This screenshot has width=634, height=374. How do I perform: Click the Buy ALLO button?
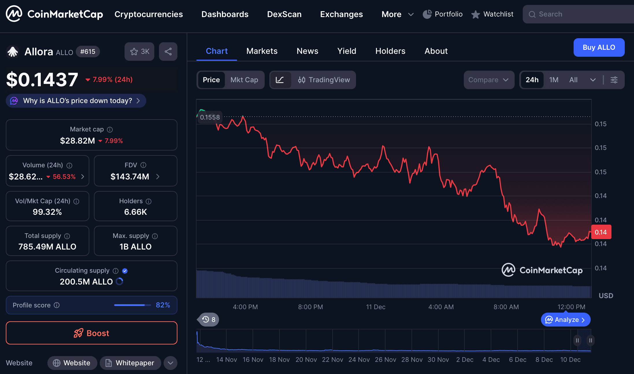(599, 47)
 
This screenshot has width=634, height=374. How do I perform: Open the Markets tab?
(262, 51)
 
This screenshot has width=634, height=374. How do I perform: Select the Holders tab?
(390, 51)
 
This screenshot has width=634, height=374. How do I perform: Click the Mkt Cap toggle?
(244, 80)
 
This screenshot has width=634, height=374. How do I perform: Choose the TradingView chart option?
(324, 80)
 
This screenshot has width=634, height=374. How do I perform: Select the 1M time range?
(554, 80)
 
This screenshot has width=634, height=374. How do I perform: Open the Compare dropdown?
(488, 80)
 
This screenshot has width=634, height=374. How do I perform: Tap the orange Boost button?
(91, 333)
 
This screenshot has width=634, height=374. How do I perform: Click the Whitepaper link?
(130, 363)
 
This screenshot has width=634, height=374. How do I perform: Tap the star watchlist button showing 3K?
(139, 52)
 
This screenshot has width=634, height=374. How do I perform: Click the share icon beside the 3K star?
(168, 52)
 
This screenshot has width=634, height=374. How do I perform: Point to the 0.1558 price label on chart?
(210, 117)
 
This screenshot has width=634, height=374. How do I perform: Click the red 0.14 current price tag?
(601, 232)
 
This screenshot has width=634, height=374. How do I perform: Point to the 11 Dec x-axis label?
(376, 307)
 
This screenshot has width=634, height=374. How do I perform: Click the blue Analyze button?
(566, 320)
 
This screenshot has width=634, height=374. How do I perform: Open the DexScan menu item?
(284, 14)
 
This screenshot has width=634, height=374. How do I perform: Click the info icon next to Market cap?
(110, 129)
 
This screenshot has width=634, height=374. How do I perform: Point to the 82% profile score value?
(163, 305)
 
